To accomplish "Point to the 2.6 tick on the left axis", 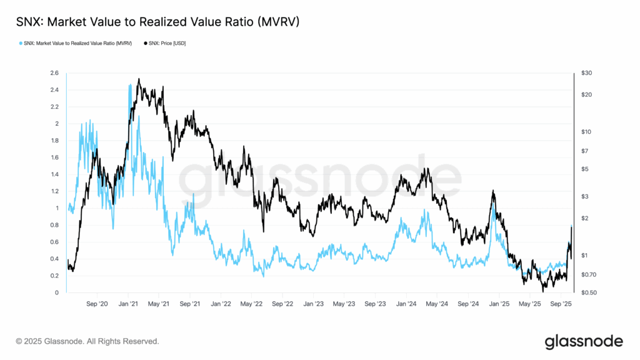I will [54, 73].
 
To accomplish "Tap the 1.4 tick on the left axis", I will [54, 174].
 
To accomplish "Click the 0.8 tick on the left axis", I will [54, 225].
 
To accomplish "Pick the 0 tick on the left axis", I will [57, 292].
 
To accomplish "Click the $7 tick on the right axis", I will [586, 151].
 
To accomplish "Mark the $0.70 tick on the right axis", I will [588, 275].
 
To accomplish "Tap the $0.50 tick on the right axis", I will [588, 292].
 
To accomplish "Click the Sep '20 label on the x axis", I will [97, 304].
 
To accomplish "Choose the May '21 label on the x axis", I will [159, 304].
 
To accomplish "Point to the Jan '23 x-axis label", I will [313, 304].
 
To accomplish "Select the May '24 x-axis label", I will [437, 304].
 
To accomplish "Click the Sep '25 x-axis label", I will [561, 304].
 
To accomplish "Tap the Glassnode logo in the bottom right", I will [584, 341].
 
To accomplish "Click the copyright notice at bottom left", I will [87, 342].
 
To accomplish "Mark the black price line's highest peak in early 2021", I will [138, 79].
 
